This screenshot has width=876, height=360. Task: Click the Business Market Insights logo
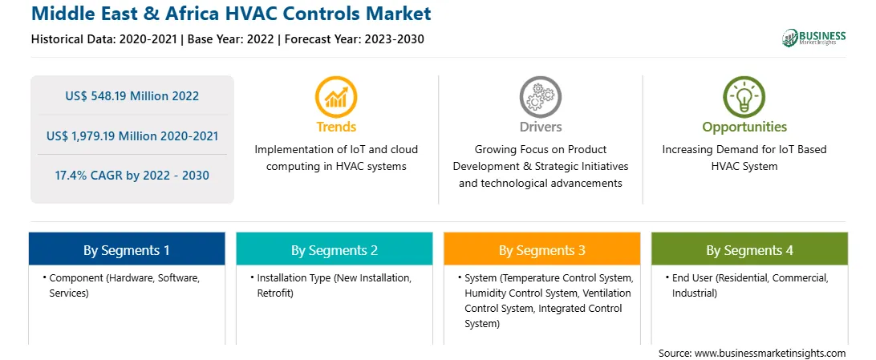[x=813, y=38]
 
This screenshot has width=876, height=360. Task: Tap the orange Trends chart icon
[x=336, y=97]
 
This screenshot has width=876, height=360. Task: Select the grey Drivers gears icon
[x=540, y=97]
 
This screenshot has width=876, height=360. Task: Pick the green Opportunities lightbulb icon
[x=744, y=97]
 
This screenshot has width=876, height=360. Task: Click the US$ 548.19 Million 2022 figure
[x=132, y=96]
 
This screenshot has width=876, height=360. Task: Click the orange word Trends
[x=336, y=127]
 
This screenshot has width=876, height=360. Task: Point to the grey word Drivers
[x=540, y=127]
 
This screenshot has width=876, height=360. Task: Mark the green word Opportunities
[x=744, y=127]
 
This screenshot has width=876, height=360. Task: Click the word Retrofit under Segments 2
[x=275, y=293]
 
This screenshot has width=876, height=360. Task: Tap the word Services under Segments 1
[x=68, y=293]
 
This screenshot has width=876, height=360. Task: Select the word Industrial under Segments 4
[x=695, y=293]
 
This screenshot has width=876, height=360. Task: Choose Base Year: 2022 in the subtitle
[x=231, y=39]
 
